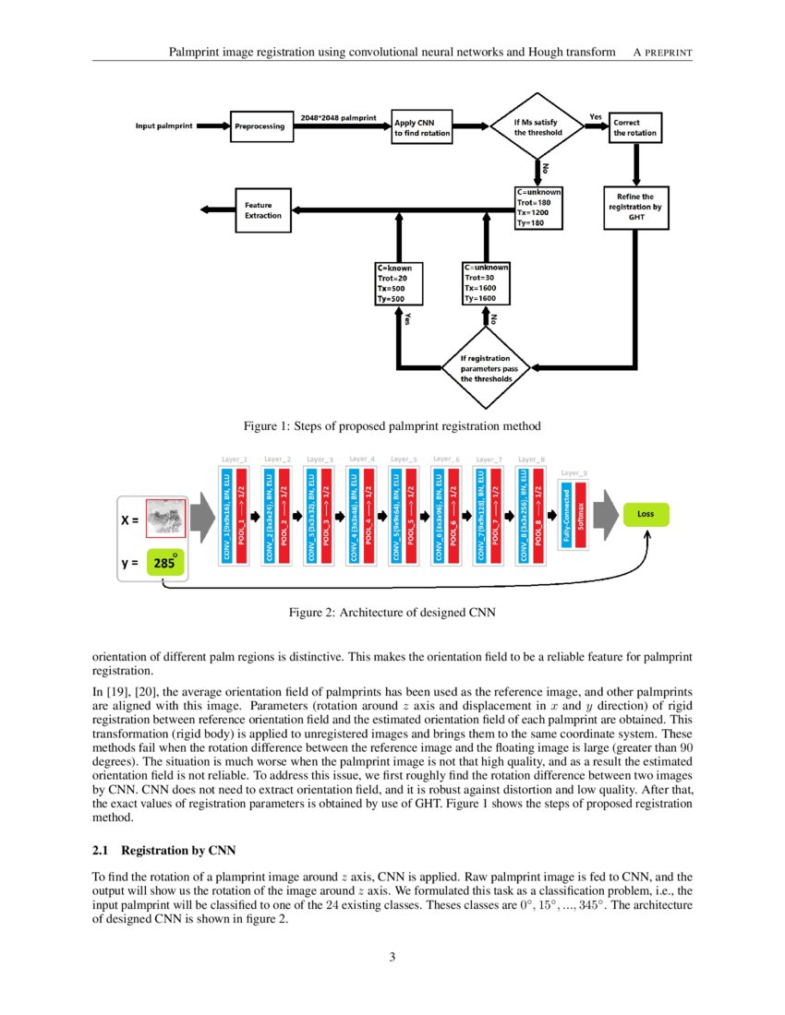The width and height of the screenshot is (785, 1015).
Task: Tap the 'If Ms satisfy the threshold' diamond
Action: point(537,126)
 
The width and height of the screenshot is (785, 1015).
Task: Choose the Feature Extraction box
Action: point(263,209)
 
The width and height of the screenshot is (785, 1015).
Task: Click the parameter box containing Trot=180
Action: point(537,214)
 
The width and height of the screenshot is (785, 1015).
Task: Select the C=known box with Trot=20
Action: point(399,284)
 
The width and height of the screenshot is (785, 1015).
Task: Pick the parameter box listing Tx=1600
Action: point(485,284)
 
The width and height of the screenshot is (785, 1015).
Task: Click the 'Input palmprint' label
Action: point(164,125)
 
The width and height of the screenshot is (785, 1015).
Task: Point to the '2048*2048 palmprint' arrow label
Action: point(338,118)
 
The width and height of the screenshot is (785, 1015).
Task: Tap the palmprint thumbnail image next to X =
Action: point(166,517)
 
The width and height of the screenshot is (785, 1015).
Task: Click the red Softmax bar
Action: point(580,513)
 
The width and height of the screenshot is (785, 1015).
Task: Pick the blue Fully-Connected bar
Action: point(566,513)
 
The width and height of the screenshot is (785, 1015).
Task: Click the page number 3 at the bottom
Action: point(392,957)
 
